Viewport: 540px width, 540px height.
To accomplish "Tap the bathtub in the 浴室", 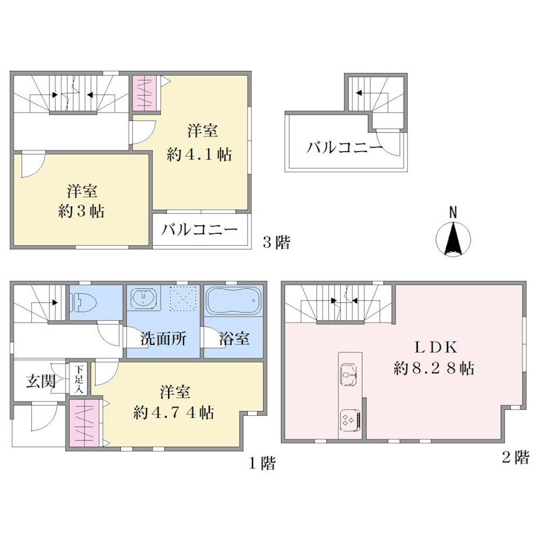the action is coord(232,300).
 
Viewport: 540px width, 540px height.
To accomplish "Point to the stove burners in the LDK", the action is coord(350,421).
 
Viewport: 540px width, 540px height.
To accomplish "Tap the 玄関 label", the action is coord(40,381).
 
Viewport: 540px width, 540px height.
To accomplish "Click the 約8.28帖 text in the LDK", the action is coord(434,369).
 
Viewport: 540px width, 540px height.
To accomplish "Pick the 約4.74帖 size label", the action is coord(173,412).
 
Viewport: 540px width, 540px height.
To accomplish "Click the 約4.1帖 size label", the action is coord(199,154).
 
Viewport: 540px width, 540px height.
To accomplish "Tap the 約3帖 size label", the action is coord(81,211).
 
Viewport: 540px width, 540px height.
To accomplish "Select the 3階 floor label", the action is coord(277,242).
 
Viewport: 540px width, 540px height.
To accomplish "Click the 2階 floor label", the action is coord(516,458).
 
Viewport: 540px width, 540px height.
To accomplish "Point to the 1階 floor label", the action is coord(262,463).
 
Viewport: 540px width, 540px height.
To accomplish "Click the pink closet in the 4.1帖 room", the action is coord(144,93).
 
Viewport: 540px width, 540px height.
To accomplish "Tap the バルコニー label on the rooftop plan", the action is coord(344,148).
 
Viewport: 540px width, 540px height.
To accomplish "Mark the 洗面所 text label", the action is coord(163,339).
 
